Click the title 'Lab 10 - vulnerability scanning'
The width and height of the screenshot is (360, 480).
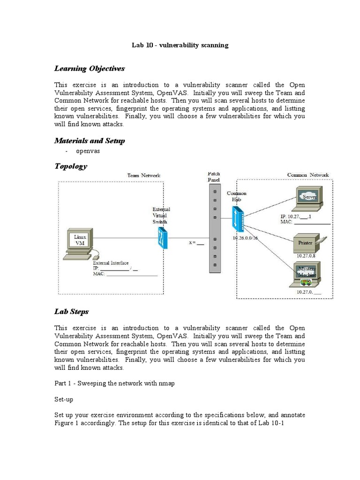point(180,45)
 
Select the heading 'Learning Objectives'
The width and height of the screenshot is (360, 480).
point(90,68)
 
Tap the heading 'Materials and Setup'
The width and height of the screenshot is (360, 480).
point(90,141)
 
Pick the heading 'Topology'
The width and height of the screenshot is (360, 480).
point(71,166)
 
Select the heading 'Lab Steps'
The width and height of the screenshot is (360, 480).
point(72,311)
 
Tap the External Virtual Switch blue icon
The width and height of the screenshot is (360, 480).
point(163,238)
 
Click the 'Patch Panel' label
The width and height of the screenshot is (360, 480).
point(213,177)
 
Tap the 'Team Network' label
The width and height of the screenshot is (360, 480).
point(143,175)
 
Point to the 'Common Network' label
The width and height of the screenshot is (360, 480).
point(307,175)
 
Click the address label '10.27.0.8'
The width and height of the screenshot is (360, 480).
point(307,256)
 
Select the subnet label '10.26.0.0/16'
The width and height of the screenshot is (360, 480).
point(245,238)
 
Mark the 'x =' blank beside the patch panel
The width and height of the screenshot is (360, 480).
point(196,243)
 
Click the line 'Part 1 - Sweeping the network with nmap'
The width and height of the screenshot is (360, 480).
point(114,383)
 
